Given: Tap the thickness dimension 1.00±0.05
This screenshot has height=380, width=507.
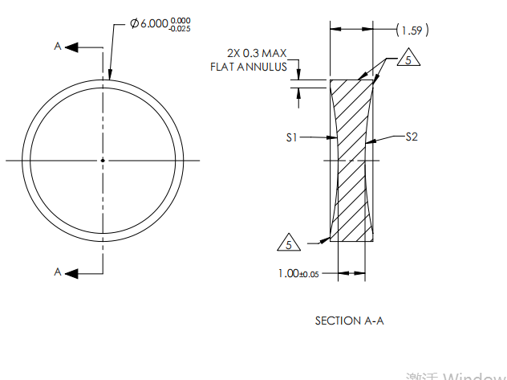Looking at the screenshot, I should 298,274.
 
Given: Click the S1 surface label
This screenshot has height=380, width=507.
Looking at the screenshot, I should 292,138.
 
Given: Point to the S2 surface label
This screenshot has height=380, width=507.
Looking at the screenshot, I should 411,137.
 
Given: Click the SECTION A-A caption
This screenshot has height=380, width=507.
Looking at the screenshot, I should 349,321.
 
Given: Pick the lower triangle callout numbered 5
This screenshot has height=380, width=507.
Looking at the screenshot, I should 289,241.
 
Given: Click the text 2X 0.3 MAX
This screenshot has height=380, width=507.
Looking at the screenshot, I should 256,53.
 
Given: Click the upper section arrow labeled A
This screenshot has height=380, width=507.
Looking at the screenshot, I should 80,47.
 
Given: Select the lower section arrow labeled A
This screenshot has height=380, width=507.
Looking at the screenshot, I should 80,273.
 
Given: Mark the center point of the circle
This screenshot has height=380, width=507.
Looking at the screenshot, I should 103,161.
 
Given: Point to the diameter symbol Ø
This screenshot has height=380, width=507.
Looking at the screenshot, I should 134,24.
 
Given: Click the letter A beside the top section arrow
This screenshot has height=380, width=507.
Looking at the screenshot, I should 58,47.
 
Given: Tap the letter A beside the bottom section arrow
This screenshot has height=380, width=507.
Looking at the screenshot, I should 58,273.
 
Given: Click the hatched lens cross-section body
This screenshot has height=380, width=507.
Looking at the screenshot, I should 353,161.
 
